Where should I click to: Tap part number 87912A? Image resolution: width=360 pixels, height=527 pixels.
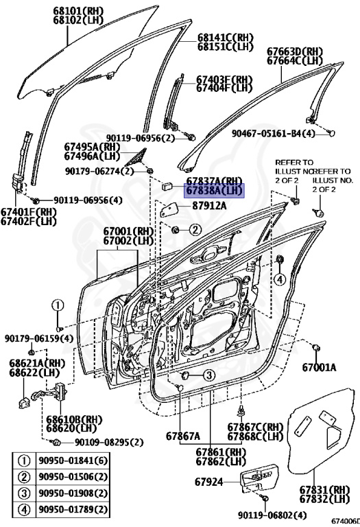208,206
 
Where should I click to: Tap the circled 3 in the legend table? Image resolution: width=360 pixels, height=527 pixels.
24,493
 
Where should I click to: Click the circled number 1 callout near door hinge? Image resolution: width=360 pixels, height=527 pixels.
59,306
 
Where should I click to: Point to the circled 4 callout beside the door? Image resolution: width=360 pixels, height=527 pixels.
280,279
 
